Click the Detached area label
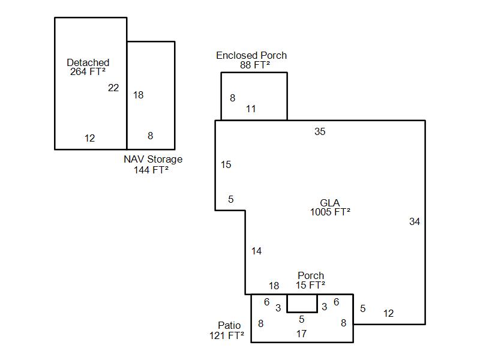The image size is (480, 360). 88,62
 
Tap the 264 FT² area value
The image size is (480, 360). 88,71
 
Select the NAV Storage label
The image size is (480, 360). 153,160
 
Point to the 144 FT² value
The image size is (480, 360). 151,170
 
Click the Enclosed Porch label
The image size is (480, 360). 251,55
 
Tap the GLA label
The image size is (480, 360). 330,203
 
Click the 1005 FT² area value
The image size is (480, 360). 330,212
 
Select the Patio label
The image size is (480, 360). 229,325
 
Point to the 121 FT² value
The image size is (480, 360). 227,335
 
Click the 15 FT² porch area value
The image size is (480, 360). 311,285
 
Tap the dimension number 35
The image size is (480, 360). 320,131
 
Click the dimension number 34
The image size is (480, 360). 415,221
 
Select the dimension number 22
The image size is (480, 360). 113,88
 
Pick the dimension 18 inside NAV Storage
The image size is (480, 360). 138,95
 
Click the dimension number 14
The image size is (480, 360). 256,251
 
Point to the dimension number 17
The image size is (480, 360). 301,334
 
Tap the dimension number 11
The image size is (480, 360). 251,109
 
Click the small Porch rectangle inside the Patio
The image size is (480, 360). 302,303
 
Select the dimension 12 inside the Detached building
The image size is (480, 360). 89,138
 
